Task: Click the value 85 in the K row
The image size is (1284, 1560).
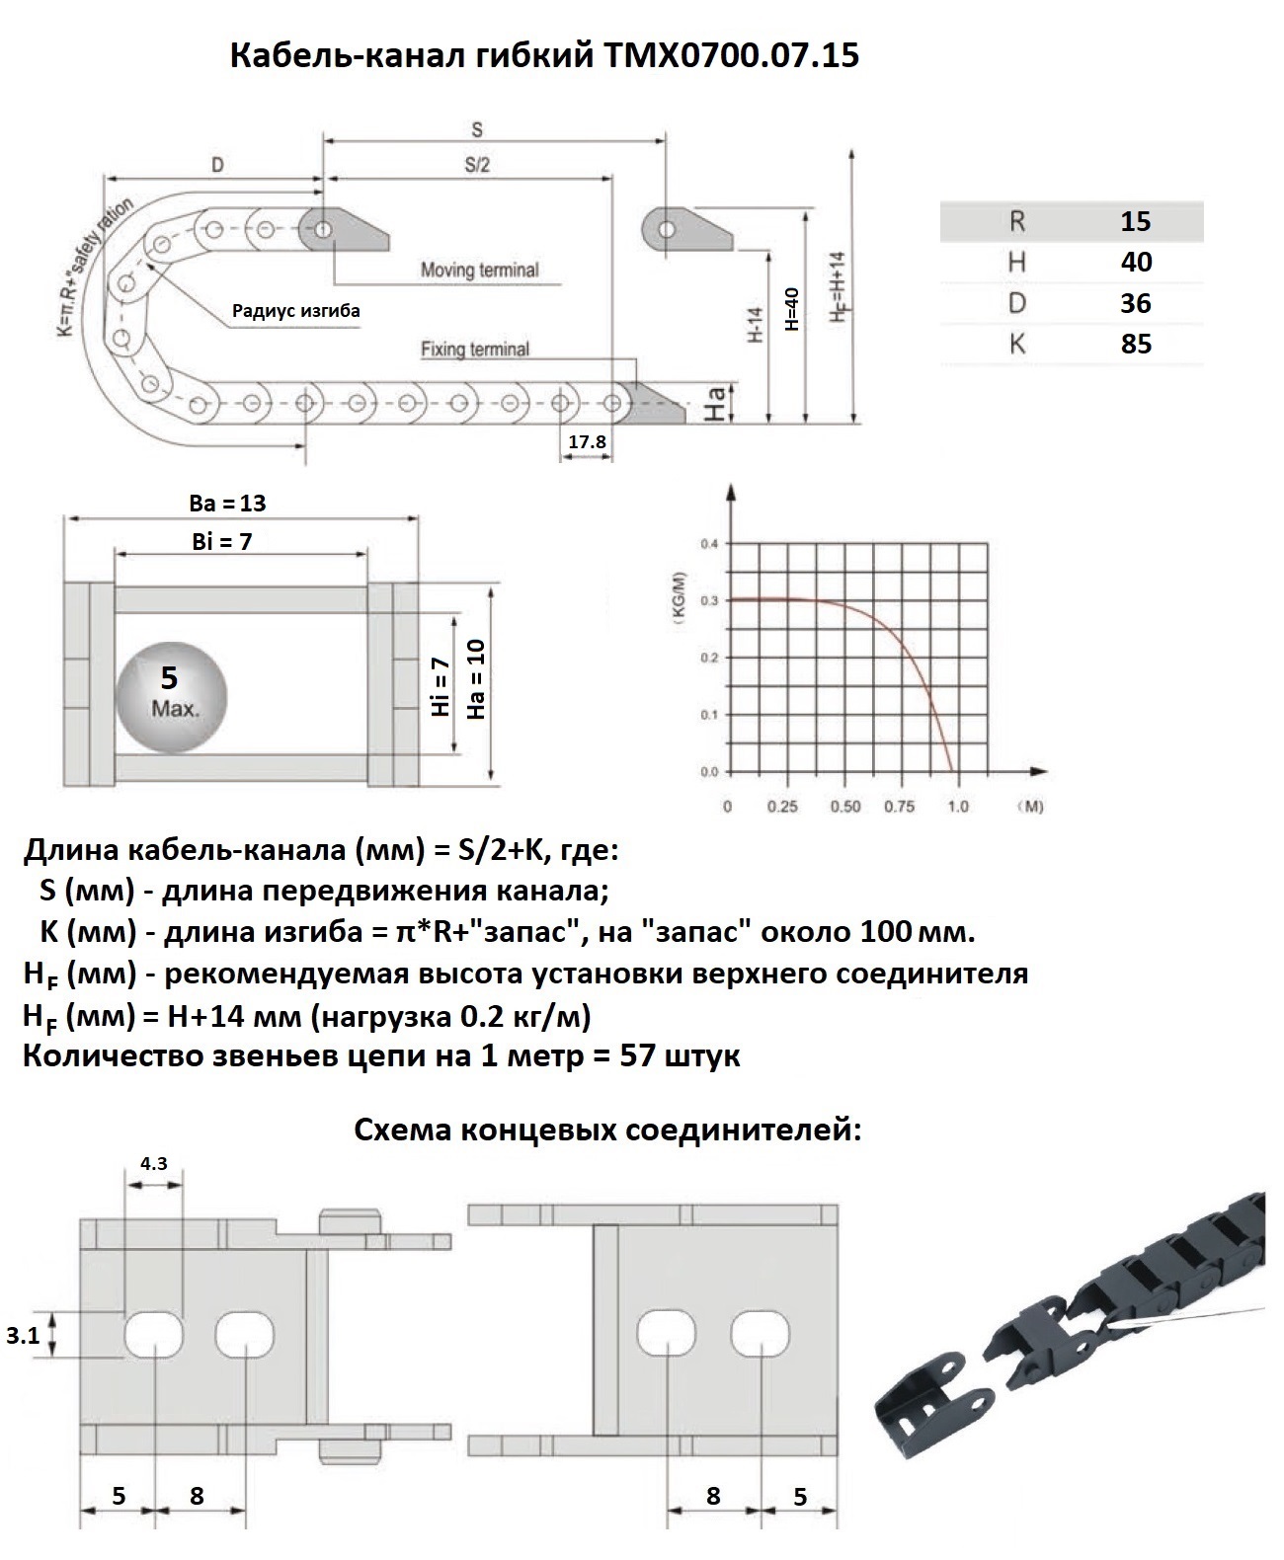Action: coord(1136,344)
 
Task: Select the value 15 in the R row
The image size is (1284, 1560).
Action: coord(1136,221)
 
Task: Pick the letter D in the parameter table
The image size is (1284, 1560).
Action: coord(1017,303)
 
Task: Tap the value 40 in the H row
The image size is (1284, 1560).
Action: coord(1136,262)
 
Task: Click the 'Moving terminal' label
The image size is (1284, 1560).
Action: coord(480,270)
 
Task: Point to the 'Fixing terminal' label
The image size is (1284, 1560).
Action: coord(475,349)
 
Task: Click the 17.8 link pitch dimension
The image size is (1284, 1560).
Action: coord(587,441)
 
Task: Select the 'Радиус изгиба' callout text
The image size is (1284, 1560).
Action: coord(296,311)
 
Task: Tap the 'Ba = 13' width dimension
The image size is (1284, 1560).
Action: coord(227,503)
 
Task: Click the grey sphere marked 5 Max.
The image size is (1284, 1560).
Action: coord(171,697)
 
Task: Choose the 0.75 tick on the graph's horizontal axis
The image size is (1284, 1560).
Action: coord(900,807)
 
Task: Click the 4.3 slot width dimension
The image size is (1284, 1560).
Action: coord(153,1163)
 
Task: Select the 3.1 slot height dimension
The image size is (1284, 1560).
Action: coord(23,1336)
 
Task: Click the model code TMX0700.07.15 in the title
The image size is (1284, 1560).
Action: coord(729,56)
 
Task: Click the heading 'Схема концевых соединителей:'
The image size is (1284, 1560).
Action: coord(607,1131)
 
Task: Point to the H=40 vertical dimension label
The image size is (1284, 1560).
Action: coord(790,309)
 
